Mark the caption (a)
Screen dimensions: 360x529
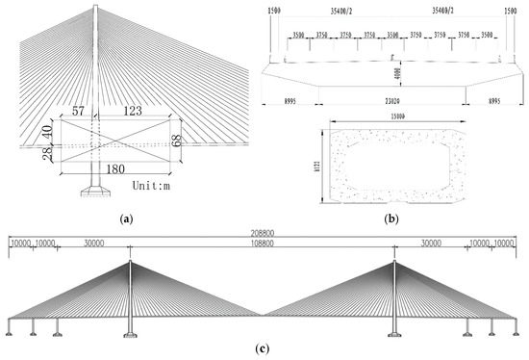click(x=126, y=219)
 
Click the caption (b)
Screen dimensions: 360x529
click(x=391, y=219)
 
